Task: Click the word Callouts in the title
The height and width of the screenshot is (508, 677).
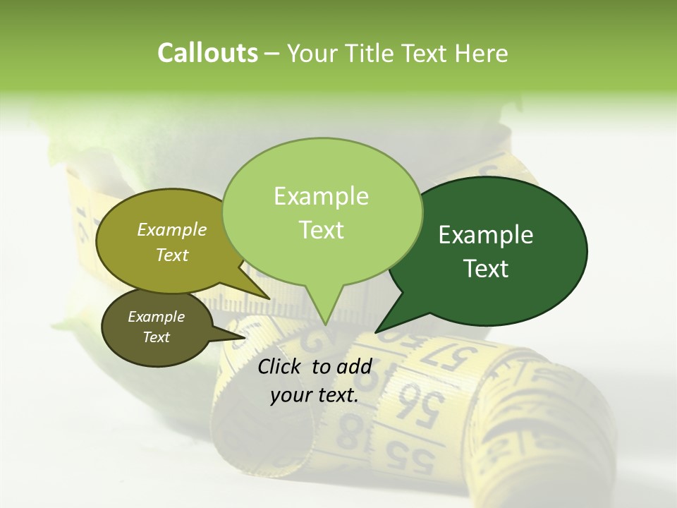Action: pyautogui.click(x=207, y=53)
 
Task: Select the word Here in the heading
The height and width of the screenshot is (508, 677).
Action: pyautogui.click(x=481, y=54)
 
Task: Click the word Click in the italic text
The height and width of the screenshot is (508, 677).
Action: pyautogui.click(x=281, y=366)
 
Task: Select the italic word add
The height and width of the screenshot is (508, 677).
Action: pyautogui.click(x=354, y=366)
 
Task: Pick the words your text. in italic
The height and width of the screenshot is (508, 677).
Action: pyautogui.click(x=315, y=395)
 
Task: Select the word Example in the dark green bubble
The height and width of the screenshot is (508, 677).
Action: pyautogui.click(x=486, y=235)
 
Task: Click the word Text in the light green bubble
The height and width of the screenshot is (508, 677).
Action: pyautogui.click(x=322, y=230)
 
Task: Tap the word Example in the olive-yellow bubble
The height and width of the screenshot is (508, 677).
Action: pyautogui.click(x=172, y=229)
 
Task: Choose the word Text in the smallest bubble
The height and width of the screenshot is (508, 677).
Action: pyautogui.click(x=157, y=337)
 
